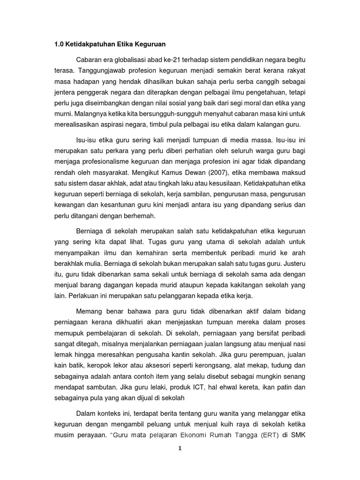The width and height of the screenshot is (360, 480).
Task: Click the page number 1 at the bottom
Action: pyautogui.click(x=180, y=448)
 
